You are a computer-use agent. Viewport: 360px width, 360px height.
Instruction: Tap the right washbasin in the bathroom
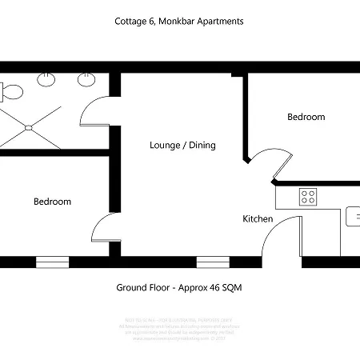pos(85,79)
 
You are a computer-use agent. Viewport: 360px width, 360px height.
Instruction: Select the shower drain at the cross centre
pos(29,126)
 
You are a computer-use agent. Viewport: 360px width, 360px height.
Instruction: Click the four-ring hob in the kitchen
pos(308,196)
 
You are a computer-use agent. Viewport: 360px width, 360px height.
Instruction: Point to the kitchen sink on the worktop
pos(353,216)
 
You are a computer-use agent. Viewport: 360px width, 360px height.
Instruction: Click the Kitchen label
pos(258,218)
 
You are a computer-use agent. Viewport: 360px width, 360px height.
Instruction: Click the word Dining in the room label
pos(203,145)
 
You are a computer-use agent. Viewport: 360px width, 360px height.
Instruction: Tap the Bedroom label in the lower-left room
pos(52,202)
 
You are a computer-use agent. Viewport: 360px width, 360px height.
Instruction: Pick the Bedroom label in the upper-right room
pos(306,117)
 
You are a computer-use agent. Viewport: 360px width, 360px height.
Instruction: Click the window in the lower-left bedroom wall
pos(52,262)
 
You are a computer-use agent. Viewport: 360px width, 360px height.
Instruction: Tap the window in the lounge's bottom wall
pos(212,262)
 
